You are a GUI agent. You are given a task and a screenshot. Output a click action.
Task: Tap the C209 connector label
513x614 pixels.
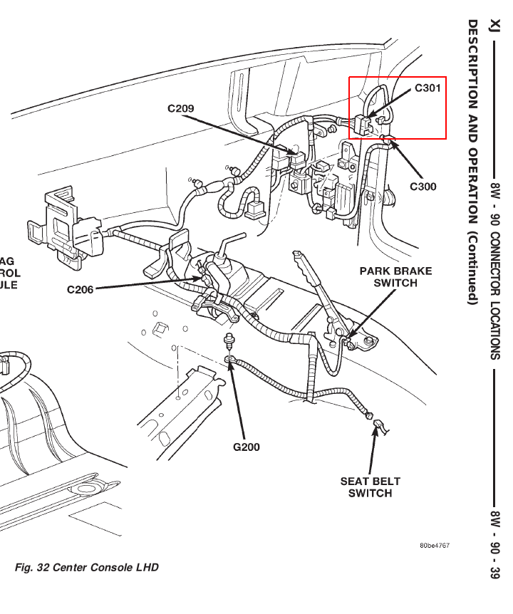pos(181,109)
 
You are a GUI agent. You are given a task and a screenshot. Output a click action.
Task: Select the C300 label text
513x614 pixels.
pos(423,187)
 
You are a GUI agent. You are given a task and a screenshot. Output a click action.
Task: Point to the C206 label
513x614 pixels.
pos(81,289)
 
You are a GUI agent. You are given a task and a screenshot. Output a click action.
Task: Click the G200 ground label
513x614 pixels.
pos(247,447)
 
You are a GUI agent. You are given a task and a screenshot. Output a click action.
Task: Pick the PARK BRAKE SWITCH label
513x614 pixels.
pos(395,277)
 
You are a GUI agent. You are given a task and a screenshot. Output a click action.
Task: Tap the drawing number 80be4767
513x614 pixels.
pos(435,546)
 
